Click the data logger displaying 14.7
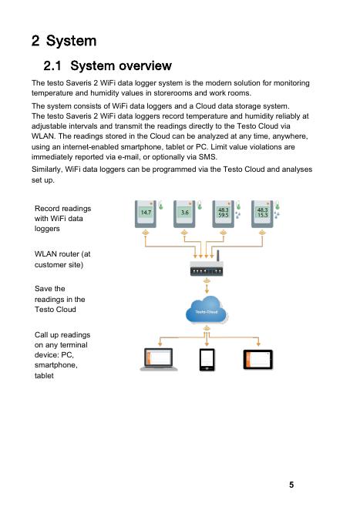[146, 213]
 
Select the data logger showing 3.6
[184, 213]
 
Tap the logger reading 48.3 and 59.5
[224, 213]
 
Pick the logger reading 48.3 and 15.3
[262, 213]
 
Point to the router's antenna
[218, 256]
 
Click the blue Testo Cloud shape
[207, 310]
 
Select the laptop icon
[159, 360]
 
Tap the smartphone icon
[207, 360]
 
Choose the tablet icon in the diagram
[258, 360]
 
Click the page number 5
[291, 485]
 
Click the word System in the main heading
[71, 41]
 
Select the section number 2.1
[52, 65]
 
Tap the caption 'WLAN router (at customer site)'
[62, 259]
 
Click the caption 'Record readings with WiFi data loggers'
[62, 219]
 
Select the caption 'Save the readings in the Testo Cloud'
[60, 299]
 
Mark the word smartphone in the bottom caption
[56, 365]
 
